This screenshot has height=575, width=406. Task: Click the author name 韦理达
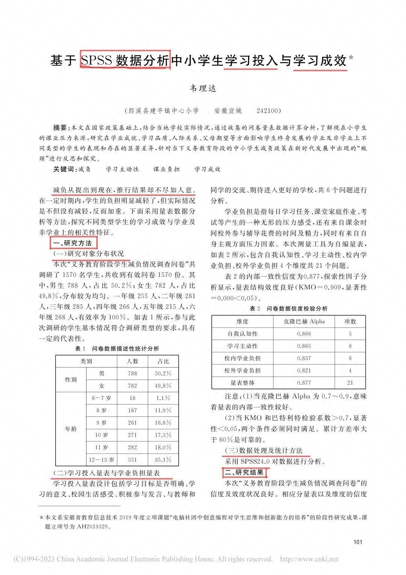click(203, 89)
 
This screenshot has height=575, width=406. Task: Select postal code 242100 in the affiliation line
click(268, 111)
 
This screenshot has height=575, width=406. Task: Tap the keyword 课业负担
click(166, 169)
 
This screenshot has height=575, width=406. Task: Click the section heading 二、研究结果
click(245, 472)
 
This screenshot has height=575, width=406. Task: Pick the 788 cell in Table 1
click(132, 374)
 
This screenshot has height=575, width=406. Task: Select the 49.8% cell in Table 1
click(163, 386)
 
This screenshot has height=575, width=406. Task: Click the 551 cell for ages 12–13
click(132, 460)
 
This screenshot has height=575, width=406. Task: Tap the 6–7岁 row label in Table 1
click(101, 398)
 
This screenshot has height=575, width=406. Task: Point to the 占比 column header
click(163, 361)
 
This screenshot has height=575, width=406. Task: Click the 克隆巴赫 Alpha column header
click(304, 321)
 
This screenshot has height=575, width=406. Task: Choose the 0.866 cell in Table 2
click(304, 334)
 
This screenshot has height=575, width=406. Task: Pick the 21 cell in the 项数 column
click(350, 383)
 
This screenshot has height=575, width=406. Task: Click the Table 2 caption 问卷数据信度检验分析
click(297, 308)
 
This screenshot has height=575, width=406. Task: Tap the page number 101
click(358, 542)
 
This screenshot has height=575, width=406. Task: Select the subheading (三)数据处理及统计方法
click(263, 450)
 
